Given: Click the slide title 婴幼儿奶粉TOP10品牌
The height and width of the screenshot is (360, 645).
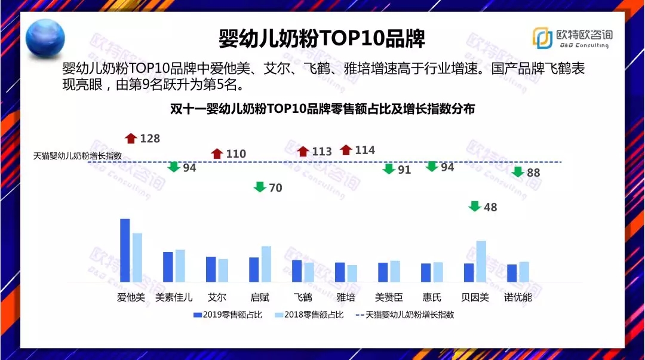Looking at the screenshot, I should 322,39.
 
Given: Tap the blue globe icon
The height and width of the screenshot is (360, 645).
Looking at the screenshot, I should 45,36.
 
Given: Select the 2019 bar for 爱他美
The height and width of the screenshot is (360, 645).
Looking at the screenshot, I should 125,250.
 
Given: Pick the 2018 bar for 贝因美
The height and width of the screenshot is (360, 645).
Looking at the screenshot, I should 481,261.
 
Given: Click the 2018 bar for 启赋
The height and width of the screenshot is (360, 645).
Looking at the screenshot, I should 266,263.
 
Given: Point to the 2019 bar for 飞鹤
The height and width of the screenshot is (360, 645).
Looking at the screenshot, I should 297,270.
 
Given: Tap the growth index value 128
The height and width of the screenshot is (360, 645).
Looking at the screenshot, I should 150,139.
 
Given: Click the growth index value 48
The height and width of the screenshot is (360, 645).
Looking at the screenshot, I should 490,207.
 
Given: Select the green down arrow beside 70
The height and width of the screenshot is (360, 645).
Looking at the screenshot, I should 260,187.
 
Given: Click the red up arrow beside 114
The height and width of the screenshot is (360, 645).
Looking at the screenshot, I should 346,150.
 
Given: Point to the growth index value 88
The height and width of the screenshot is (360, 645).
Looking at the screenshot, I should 533,173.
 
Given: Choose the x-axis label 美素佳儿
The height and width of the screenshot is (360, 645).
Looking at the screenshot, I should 174,297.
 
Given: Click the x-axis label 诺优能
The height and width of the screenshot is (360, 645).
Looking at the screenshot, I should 518,297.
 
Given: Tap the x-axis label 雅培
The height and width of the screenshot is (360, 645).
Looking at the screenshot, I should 346,297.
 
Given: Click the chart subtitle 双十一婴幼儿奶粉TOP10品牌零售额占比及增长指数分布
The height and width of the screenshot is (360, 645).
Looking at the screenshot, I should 322,109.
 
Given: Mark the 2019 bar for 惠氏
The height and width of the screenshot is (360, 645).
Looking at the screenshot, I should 426,272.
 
